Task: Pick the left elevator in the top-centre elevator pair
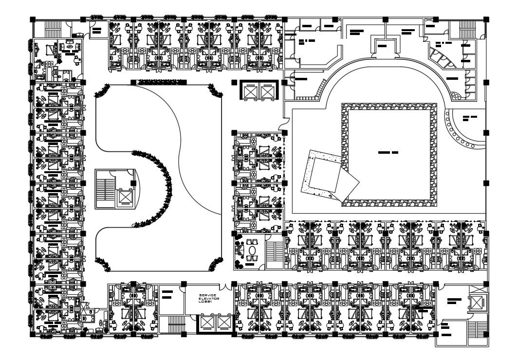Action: pyautogui.click(x=250, y=91)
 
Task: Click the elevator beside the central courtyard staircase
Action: pyautogui.click(x=125, y=197)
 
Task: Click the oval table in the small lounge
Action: pyautogui.click(x=252, y=251)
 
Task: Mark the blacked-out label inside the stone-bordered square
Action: pyautogui.click(x=388, y=153)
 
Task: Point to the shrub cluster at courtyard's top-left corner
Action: pyautogui.click(x=102, y=90)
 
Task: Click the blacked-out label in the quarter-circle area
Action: pyautogui.click(x=470, y=118)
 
